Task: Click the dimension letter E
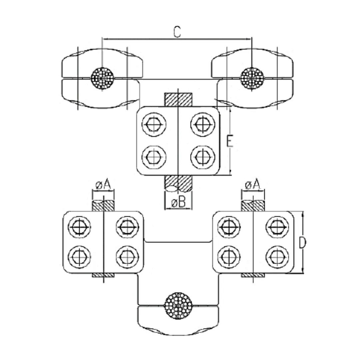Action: pyautogui.click(x=229, y=141)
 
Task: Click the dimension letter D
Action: pyautogui.click(x=302, y=244)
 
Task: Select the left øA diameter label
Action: pyautogui.click(x=103, y=185)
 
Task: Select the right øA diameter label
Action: pyautogui.click(x=252, y=185)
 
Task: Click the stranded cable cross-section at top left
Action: pyautogui.click(x=102, y=77)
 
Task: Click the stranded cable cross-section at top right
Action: pyautogui.click(x=252, y=77)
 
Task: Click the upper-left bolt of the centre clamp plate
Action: pyautogui.click(x=154, y=124)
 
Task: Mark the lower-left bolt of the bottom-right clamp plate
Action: pyautogui.click(x=229, y=256)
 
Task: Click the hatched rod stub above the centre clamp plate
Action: pyautogui.click(x=178, y=100)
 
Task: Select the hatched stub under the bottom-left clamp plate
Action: pyautogui.click(x=103, y=275)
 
